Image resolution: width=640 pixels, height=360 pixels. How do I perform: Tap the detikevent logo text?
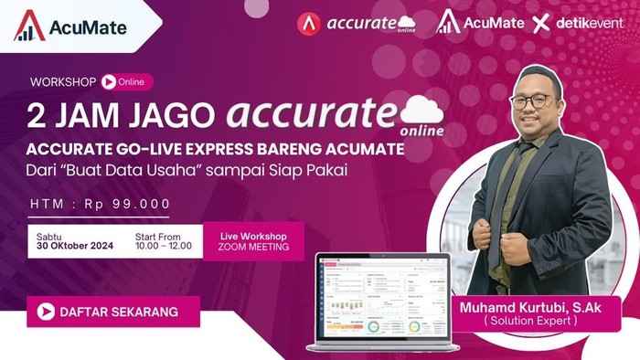(x=590, y=23)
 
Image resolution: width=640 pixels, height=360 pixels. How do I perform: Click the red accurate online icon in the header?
(x=309, y=23)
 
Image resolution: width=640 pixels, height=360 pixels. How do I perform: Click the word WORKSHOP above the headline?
(x=63, y=81)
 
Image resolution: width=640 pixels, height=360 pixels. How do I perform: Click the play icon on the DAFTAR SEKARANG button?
(x=44, y=312)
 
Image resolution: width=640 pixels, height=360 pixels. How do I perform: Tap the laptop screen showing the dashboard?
(x=382, y=302)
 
